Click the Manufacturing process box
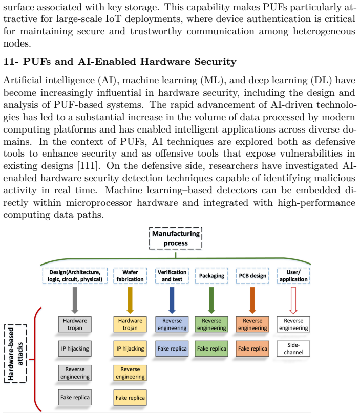tap(176, 238)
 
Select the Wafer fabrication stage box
tap(130, 276)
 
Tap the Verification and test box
tap(172, 276)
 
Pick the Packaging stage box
tap(211, 276)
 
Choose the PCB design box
tap(252, 276)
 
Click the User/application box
tap(293, 276)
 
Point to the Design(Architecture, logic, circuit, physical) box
tap(75, 276)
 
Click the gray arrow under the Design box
tap(75, 300)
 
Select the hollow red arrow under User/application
tap(293, 300)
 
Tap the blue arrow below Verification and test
tap(172, 300)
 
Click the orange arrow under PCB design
tap(252, 300)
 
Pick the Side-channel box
tap(293, 348)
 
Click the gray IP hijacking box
tap(75, 348)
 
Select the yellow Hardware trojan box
tap(130, 324)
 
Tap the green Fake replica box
tap(211, 348)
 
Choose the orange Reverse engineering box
tap(252, 324)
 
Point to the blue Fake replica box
tap(172, 348)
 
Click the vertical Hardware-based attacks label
tap(15, 354)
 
